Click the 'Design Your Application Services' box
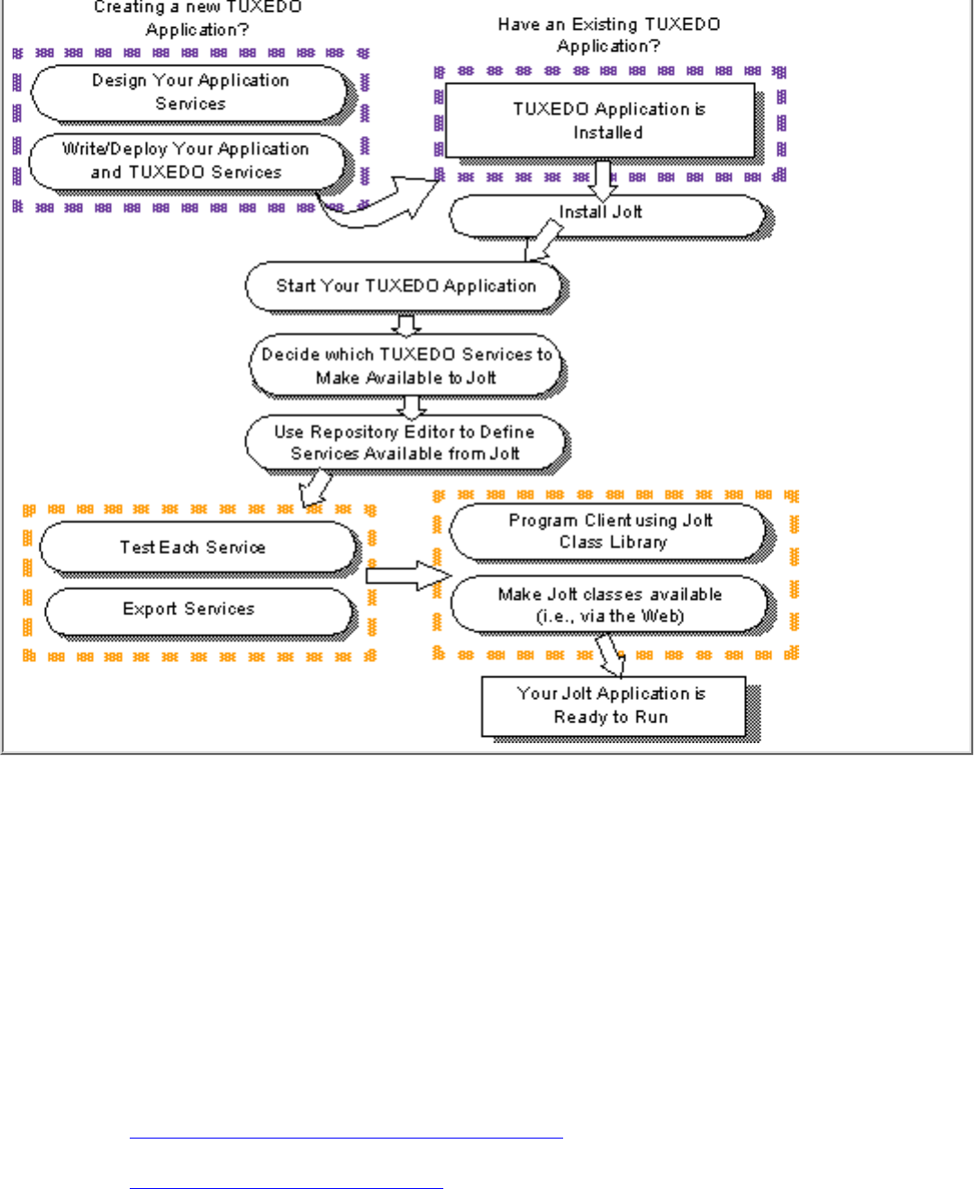tap(190, 92)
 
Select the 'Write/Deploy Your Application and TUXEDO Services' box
tap(187, 160)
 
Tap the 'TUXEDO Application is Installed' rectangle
tap(600, 121)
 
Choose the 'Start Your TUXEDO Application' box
tap(405, 286)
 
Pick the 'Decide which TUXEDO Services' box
tap(405, 366)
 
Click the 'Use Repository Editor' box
tap(405, 442)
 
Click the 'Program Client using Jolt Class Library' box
tap(610, 531)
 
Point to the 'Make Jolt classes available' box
tap(611, 605)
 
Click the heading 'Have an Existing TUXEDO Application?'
tap(609, 35)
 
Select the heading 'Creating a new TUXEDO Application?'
tap(197, 18)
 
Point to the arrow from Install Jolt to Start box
tap(543, 241)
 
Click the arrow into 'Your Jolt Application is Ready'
tap(611, 654)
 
